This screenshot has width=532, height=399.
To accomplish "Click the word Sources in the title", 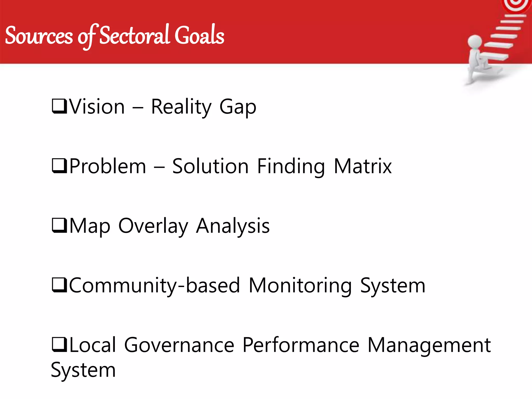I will pyautogui.click(x=39, y=36).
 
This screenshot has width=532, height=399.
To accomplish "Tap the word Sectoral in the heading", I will pyautogui.click(x=134, y=35).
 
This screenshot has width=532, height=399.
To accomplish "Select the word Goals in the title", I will pyautogui.click(x=199, y=35).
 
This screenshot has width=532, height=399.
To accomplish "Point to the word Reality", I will pyautogui.click(x=181, y=107).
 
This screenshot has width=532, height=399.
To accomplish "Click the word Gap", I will pyautogui.click(x=238, y=107).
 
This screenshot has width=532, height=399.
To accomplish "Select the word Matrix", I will pyautogui.click(x=363, y=166).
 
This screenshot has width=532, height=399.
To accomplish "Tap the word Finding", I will pyautogui.click(x=291, y=167).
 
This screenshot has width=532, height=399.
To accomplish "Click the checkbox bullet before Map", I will pyautogui.click(x=59, y=225).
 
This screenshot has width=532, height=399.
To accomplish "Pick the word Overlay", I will pyautogui.click(x=153, y=226).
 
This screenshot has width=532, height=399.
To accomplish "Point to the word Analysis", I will pyautogui.click(x=233, y=226).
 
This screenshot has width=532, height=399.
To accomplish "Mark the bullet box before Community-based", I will pyautogui.click(x=59, y=285).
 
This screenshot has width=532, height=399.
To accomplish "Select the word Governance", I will pyautogui.click(x=179, y=345).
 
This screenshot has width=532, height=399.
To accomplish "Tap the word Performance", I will pyautogui.click(x=301, y=345).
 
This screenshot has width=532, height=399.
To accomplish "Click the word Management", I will pyautogui.click(x=429, y=345).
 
